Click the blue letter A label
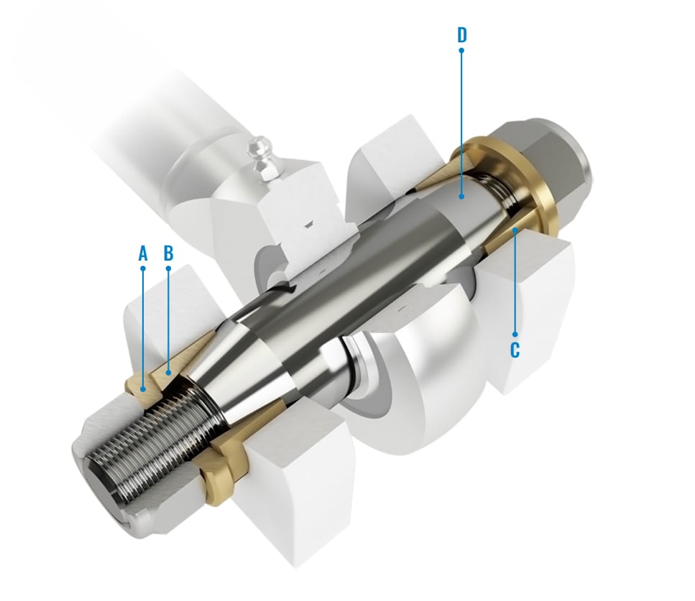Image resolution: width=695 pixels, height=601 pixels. coord(142,253)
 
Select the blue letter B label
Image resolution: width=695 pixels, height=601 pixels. coord(168,253)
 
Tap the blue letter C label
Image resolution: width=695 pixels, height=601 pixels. coord(515,350)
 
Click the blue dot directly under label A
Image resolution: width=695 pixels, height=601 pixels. coord(142,269)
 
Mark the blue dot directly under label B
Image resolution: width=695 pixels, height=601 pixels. coord(168,269)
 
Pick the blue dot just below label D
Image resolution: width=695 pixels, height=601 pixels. coord(461,51)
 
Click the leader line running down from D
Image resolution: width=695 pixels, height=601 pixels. coord(461,122)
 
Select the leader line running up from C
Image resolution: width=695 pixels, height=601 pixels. coord(515,287)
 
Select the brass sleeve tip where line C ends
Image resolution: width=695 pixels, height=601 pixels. coord(515,231)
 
